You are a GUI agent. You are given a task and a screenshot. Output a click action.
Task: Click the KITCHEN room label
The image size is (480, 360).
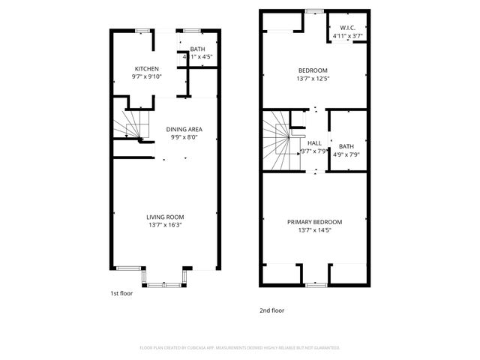click(x=146, y=69)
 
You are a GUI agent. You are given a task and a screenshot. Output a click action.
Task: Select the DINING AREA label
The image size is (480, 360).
click(x=184, y=129)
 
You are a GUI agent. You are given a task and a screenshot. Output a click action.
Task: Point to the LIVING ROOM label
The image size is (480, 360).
click(x=165, y=217)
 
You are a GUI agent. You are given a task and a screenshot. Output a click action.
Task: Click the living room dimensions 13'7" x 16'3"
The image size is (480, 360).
click(x=165, y=224)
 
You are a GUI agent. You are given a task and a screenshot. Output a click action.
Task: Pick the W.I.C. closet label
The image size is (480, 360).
click(x=347, y=28)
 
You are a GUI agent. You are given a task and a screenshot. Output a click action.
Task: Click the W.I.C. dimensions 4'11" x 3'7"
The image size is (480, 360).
click(x=347, y=36)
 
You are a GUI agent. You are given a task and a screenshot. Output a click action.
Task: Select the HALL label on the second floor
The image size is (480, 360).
click(x=314, y=142)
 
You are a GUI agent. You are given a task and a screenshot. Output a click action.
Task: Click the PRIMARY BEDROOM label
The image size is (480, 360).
click(x=315, y=222)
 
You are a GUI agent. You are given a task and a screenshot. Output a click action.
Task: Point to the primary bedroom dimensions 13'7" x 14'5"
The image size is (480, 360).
click(x=315, y=230)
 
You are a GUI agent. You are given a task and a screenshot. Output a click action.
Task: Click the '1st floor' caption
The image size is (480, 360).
click(x=121, y=293)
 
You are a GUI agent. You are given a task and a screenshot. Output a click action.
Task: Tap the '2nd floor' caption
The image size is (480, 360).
click(x=272, y=310)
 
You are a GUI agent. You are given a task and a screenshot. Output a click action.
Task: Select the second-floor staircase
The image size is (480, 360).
click(x=281, y=142)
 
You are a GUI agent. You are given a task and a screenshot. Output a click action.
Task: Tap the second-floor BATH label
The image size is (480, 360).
click(x=346, y=146)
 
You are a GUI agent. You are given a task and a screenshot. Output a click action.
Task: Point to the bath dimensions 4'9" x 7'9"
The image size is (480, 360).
click(x=346, y=154)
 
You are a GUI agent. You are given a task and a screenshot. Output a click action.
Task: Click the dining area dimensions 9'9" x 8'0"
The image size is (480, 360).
click(x=184, y=137)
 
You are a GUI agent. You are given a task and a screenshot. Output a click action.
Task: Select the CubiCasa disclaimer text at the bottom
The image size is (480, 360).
click(x=240, y=348)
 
